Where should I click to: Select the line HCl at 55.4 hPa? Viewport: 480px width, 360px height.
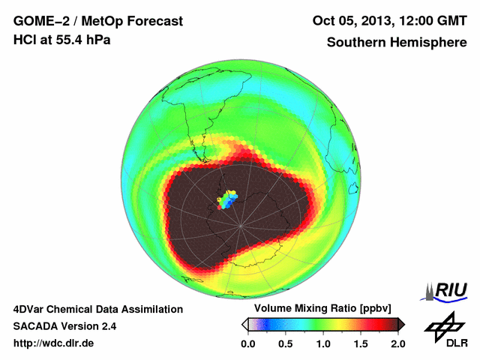(x=61, y=39)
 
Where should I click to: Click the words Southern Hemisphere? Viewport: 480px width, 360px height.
(x=397, y=43)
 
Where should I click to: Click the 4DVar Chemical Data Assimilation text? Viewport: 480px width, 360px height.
(x=97, y=309)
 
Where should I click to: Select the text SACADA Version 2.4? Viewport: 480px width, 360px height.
(x=64, y=326)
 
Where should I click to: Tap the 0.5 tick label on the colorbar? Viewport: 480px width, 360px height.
(x=286, y=343)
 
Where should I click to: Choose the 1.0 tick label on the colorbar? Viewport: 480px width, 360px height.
(x=323, y=343)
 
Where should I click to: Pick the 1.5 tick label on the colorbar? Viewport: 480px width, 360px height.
(x=360, y=343)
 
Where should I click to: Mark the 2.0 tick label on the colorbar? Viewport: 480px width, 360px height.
(x=397, y=343)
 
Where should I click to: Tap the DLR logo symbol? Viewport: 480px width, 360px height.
(x=442, y=327)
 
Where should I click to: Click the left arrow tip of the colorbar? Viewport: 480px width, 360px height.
(x=244, y=324)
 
